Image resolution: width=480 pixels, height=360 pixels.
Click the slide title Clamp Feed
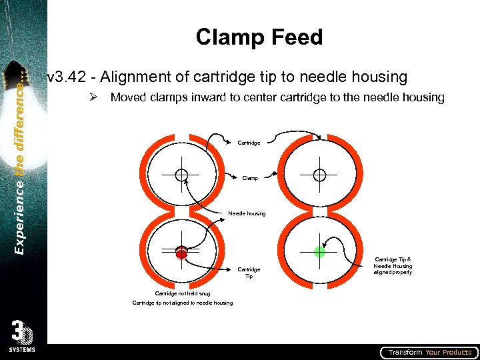[259, 37]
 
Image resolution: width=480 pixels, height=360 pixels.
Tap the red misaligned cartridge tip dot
[181, 252]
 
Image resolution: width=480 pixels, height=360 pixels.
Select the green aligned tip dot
[319, 251]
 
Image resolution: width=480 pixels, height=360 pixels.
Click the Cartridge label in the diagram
[249, 143]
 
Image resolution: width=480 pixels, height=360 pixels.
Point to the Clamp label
[250, 179]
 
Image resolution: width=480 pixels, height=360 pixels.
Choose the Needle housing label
[247, 213]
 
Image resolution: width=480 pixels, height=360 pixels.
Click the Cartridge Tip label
[249, 273]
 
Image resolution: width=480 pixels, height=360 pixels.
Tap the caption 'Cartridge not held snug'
[182, 293]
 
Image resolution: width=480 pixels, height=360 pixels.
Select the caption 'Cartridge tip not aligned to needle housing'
[183, 303]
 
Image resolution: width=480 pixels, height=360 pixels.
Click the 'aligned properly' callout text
[393, 272]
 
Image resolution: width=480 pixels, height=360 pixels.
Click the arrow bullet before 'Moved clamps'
[94, 98]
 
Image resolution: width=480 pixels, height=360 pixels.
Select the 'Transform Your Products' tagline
[430, 352]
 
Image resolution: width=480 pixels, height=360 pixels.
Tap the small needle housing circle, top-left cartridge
[181, 175]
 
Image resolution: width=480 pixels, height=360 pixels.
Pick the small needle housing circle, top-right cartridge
[319, 175]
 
